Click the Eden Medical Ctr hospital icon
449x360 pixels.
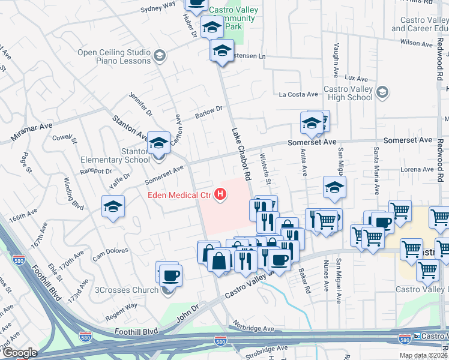tap(221, 194)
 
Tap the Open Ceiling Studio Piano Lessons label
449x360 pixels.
tap(114, 56)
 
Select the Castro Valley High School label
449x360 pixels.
tap(348, 93)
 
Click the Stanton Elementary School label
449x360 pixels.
tap(116, 155)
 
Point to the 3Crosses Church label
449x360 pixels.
tap(127, 290)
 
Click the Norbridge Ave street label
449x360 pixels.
tap(255, 329)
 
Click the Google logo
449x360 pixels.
tap(19, 353)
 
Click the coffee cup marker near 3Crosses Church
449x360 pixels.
tap(170, 275)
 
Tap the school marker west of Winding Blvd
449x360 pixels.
tap(113, 206)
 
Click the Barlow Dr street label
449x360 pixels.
tap(209, 112)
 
